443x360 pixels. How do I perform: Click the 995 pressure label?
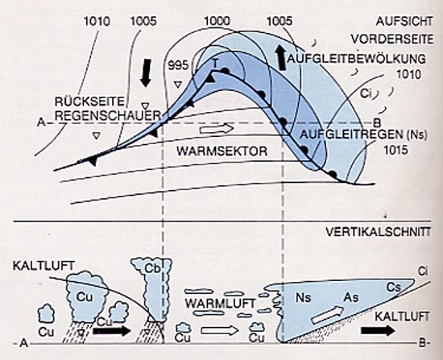178,65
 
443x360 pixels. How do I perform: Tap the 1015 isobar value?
395,150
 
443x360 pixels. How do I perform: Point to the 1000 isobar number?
217,21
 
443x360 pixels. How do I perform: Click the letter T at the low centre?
215,64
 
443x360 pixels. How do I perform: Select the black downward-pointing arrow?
146,73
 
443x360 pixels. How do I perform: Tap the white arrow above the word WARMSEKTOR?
217,129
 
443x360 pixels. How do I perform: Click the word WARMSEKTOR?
221,151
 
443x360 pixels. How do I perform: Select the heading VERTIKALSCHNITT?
379,232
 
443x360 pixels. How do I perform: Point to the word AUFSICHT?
404,22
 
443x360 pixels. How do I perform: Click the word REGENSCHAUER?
108,116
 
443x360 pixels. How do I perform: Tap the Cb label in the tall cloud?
152,269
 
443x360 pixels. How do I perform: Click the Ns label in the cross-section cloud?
304,297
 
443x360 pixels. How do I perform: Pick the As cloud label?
351,297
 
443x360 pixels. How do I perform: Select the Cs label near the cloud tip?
394,288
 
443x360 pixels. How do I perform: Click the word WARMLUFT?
220,304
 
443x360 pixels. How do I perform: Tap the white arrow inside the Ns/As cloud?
327,315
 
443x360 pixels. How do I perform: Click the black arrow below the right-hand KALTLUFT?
378,330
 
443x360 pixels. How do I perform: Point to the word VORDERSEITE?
392,39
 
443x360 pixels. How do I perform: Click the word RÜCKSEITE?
90,101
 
